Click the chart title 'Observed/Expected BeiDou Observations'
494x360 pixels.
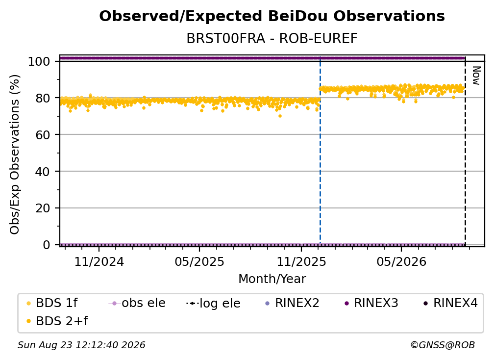click(x=272, y=16)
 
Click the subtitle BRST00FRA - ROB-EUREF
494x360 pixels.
click(x=272, y=38)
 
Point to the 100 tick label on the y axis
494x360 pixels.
click(x=39, y=61)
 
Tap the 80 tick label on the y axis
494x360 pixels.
click(x=43, y=98)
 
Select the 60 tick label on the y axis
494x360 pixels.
click(x=43, y=135)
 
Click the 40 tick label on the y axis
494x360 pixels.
click(x=43, y=172)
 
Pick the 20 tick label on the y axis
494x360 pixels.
click(x=43, y=208)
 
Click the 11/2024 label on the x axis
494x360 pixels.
click(x=99, y=261)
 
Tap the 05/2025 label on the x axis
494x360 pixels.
click(x=199, y=261)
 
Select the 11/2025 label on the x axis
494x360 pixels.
click(x=301, y=261)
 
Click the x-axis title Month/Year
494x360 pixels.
click(x=272, y=279)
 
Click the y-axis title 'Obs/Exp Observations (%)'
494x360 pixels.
click(x=15, y=154)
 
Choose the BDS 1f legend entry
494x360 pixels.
click(x=52, y=303)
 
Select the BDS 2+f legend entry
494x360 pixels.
click(x=57, y=321)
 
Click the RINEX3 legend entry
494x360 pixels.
click(x=371, y=303)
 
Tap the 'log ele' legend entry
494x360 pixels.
click(x=213, y=303)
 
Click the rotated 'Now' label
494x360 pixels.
click(x=476, y=76)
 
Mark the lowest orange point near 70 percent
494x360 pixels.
click(x=280, y=116)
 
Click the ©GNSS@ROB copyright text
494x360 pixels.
click(x=443, y=345)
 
